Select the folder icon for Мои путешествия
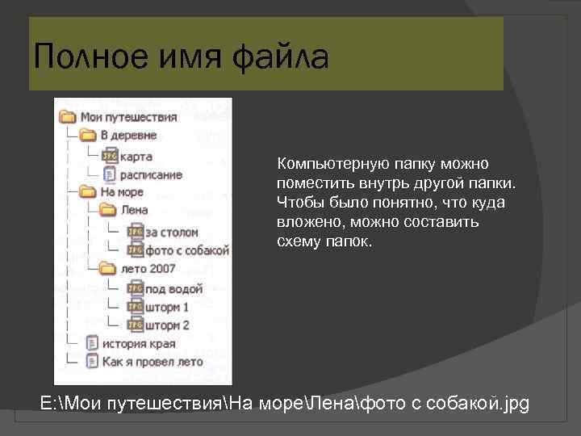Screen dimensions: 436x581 [x=68, y=117]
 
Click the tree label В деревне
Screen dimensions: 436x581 [x=128, y=136]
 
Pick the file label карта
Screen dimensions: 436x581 [x=135, y=155]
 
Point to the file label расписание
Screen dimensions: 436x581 [x=151, y=174]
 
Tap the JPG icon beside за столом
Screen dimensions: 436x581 [x=135, y=232]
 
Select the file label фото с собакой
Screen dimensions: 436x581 [x=187, y=250]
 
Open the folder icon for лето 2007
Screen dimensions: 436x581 [x=107, y=270]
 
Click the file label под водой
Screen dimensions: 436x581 [x=173, y=288]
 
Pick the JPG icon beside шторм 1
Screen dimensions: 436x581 [x=135, y=308]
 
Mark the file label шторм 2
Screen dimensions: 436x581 [x=167, y=325]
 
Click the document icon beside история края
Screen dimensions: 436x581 [x=92, y=344]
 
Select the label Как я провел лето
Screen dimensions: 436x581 [x=153, y=363]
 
